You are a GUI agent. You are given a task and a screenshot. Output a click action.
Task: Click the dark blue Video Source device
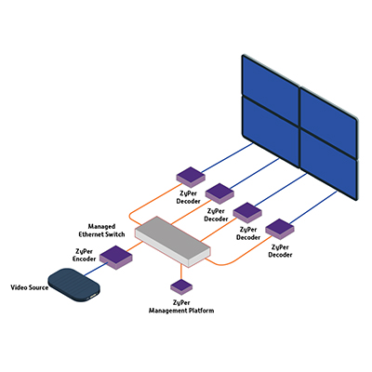(74, 285)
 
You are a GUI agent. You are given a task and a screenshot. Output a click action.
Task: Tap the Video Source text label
(30, 287)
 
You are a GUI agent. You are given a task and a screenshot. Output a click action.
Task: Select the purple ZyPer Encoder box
(116, 258)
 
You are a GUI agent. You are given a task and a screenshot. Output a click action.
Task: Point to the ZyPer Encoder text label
(85, 255)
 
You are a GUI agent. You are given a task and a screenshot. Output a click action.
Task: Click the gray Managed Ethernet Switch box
(173, 242)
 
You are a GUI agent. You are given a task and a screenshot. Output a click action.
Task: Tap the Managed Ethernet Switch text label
(101, 231)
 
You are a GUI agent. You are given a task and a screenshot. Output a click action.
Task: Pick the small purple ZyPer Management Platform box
(181, 286)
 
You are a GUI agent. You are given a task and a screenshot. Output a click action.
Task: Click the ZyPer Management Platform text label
(181, 306)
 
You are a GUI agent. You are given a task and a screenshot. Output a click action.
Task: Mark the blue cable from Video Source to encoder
(95, 269)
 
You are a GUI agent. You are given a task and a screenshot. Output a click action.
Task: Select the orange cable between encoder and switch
(135, 246)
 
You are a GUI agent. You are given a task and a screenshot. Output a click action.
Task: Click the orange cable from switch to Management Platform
(181, 272)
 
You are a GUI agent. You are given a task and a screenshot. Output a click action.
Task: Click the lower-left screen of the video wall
(271, 132)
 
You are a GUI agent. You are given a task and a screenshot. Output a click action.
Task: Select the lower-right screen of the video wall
(328, 165)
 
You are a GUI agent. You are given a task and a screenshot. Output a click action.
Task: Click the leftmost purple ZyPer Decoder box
(191, 177)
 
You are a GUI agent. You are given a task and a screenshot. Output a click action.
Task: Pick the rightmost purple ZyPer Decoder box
(280, 229)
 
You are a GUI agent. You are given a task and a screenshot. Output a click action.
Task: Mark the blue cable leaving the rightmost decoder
(313, 207)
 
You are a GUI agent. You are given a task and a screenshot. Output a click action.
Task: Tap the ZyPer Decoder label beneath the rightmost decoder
(280, 251)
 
